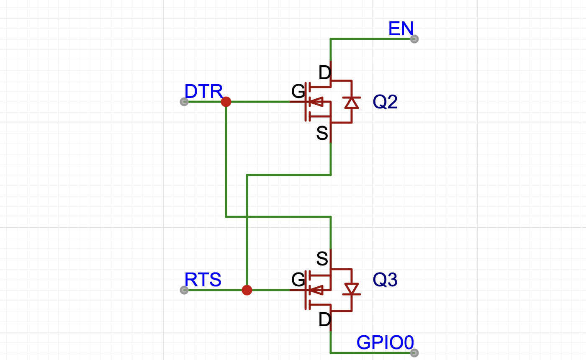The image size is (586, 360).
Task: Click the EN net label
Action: [401, 29]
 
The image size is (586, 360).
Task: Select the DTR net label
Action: [203, 92]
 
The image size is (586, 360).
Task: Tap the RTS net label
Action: [203, 280]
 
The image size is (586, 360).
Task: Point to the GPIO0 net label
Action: [385, 343]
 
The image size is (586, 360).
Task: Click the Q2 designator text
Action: [385, 102]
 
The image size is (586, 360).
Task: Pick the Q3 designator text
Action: [385, 280]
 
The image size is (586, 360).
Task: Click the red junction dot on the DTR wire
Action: [226, 102]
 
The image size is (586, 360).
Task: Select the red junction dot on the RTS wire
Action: [247, 290]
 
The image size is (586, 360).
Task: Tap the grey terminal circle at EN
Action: [414, 39]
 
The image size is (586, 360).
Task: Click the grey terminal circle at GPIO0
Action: [414, 353]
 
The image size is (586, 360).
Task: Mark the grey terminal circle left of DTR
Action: [183, 102]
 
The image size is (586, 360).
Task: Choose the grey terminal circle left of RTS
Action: [183, 290]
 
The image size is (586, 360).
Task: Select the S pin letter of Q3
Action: [322, 259]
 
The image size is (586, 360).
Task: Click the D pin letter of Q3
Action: [324, 320]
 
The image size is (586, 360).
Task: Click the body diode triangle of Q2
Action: [352, 103]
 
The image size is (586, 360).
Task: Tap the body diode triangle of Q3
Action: [352, 289]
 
